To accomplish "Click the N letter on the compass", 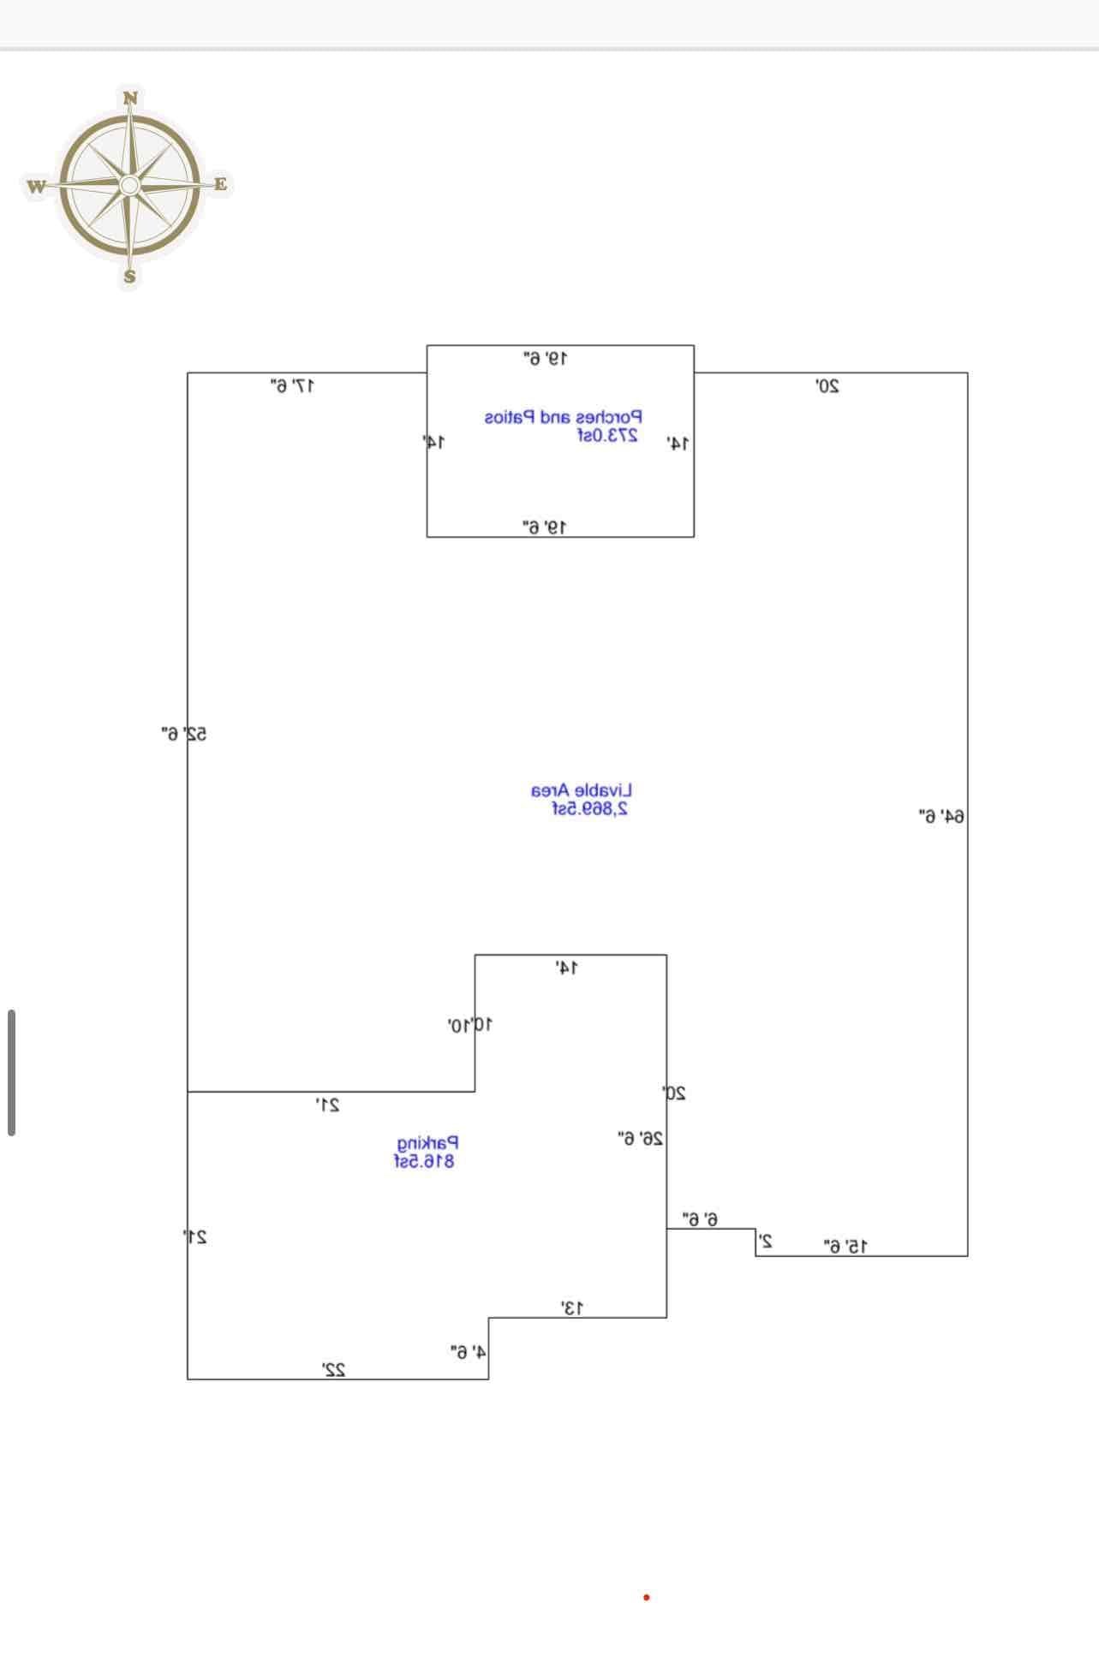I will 130,98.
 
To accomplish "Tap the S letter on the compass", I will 129,276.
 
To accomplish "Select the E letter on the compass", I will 220,183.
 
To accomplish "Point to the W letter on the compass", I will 36,186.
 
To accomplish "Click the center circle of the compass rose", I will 129,185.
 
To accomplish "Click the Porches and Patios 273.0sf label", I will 563,426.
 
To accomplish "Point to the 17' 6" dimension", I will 293,386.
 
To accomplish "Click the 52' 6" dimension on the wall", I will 184,734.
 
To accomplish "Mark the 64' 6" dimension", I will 941,817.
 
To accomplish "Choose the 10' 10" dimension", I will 469,1025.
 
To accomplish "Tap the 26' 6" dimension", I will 640,1139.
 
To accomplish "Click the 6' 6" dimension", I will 700,1218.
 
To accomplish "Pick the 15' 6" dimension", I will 845,1247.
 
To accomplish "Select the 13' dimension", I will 572,1308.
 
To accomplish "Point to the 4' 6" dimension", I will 469,1352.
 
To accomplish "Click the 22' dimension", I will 333,1370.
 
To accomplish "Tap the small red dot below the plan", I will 647,1597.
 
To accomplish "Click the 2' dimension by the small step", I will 766,1241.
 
